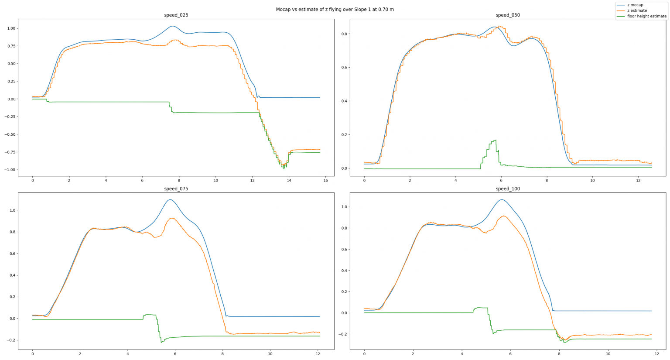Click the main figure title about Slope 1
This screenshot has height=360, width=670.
(335, 9)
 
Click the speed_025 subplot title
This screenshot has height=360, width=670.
(176, 15)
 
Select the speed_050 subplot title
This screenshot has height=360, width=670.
(508, 15)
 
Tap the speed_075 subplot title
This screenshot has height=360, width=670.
(176, 189)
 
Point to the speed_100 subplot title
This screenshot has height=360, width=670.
(508, 189)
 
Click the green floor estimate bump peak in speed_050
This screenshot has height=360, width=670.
(495, 140)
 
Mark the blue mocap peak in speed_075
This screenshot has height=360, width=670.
(170, 200)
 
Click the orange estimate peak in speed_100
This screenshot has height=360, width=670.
(503, 216)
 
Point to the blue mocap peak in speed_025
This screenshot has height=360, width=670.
(173, 26)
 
